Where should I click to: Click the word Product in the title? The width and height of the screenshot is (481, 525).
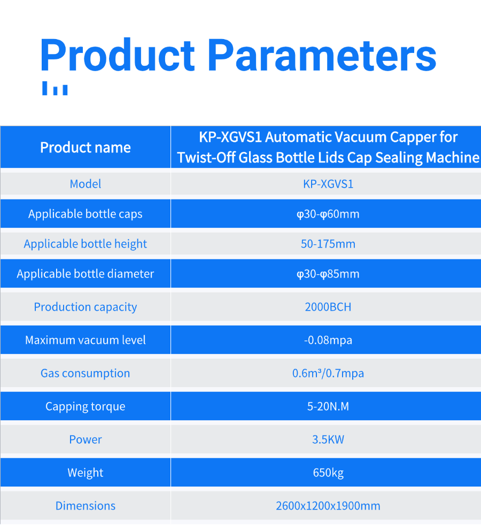(117, 55)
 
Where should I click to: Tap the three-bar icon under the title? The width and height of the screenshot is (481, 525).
(55, 88)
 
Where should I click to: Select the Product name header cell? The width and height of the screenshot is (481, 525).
(86, 148)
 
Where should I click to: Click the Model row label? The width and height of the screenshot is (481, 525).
(86, 184)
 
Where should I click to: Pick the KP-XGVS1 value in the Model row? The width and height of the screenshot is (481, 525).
(328, 184)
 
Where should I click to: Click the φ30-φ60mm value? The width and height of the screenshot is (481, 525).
(328, 214)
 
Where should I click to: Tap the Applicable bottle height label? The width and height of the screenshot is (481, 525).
(86, 244)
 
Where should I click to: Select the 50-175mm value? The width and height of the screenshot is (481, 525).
(328, 244)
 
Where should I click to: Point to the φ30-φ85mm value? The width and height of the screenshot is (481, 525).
(328, 274)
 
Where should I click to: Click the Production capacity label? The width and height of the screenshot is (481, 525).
(86, 307)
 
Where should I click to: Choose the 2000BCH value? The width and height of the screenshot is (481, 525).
(328, 307)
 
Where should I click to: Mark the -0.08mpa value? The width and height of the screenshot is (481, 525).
(328, 340)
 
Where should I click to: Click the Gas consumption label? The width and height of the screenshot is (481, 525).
(86, 373)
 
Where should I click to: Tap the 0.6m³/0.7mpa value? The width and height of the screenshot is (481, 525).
(328, 373)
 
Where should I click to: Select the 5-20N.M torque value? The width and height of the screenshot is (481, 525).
(328, 406)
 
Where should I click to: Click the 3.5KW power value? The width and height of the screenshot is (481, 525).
(328, 439)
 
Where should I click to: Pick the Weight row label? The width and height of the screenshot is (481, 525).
(86, 473)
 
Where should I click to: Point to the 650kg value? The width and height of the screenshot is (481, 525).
(328, 473)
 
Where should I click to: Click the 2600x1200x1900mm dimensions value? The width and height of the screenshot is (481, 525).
(328, 506)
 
